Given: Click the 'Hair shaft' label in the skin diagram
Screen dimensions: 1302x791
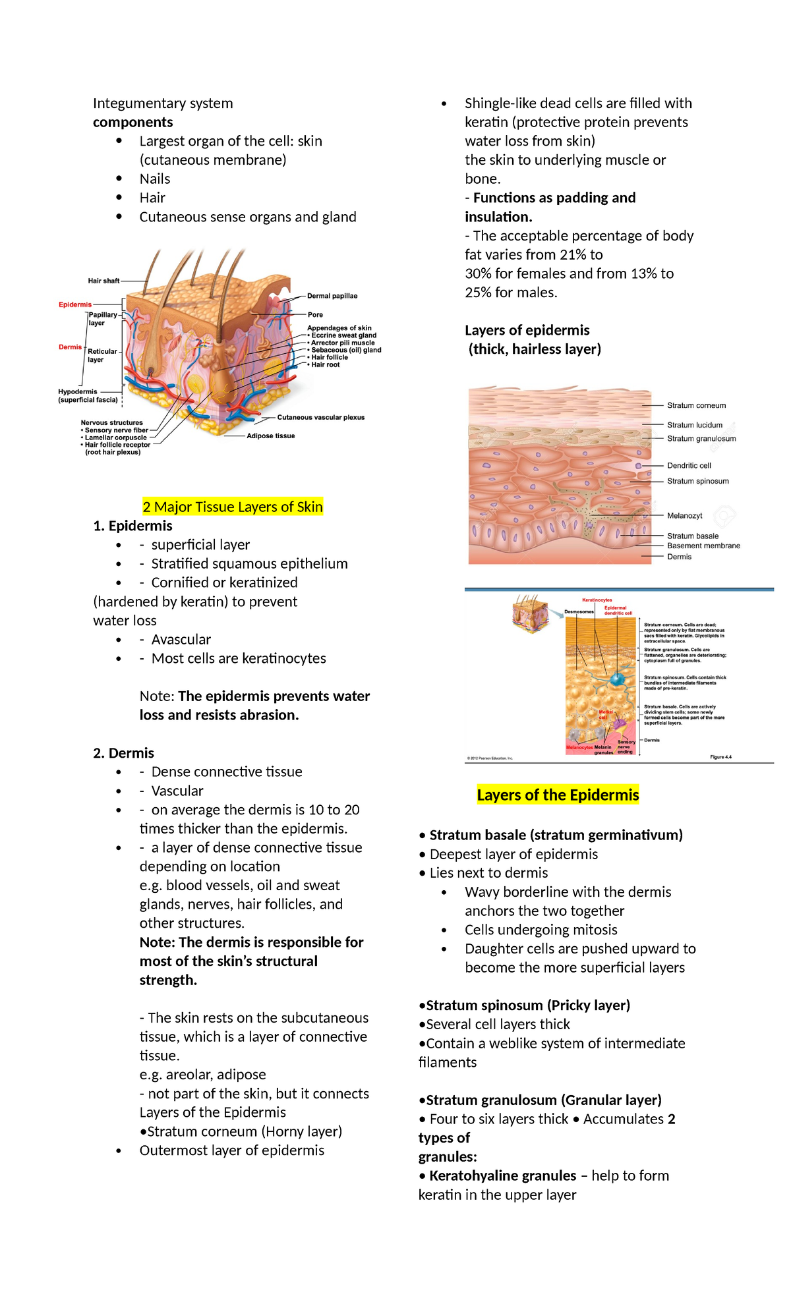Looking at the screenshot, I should click(103, 281).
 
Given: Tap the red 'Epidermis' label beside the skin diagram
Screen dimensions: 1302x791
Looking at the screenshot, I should click(75, 304).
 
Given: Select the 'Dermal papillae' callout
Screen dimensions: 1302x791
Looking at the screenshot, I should click(332, 296).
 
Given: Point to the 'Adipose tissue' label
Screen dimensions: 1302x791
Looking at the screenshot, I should click(270, 436).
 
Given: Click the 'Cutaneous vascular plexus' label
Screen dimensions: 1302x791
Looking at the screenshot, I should click(320, 417).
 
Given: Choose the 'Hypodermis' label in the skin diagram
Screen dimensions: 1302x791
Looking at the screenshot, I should click(78, 391).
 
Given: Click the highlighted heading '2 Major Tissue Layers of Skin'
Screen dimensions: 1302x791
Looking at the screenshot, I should click(233, 507).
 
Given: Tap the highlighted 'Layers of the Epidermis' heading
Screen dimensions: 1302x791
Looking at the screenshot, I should click(558, 795).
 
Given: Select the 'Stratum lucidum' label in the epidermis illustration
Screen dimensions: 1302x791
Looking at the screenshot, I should click(695, 425).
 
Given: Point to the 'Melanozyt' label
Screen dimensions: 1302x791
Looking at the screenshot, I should click(685, 516).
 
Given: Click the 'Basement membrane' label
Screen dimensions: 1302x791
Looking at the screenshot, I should click(703, 546).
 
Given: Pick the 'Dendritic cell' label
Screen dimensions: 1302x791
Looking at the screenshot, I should click(689, 465).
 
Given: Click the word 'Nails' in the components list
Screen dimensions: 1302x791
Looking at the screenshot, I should click(155, 179).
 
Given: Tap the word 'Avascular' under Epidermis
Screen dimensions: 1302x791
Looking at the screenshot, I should click(181, 639).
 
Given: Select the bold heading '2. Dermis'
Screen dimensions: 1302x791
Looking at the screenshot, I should click(124, 752).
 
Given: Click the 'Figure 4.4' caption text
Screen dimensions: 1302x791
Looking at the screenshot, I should click(720, 757).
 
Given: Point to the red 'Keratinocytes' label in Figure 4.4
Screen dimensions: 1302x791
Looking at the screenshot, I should click(597, 600).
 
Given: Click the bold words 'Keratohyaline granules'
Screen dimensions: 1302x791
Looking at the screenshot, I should click(502, 1175).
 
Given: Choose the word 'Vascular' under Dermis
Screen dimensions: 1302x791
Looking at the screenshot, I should click(177, 791).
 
